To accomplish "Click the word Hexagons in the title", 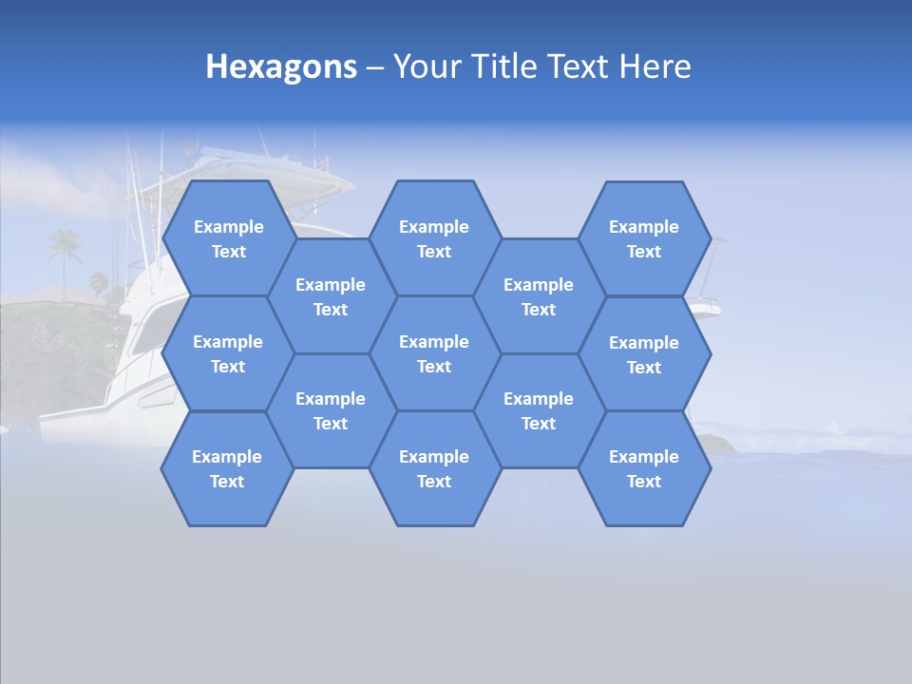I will point(281,66).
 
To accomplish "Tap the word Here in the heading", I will point(655,66).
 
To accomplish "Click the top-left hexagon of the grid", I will point(228,238).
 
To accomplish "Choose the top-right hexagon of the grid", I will point(644,238).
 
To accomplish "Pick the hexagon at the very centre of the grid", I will point(434,353).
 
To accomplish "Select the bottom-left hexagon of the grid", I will point(227,468).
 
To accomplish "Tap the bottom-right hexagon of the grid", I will point(644,468).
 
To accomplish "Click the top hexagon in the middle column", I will point(434,238).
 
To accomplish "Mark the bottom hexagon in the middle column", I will point(434,468).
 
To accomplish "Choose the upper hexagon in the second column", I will point(331,296).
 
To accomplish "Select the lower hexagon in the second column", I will point(331,410).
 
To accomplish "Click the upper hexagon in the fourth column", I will point(539,296).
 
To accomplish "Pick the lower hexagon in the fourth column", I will point(539,410).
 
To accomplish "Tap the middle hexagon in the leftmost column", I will point(228,353).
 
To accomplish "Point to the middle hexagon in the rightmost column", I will point(644,354).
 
